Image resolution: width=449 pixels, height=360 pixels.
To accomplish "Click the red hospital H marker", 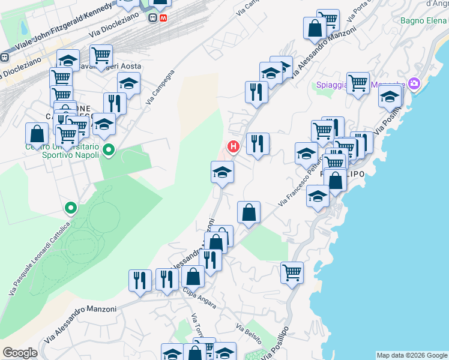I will point(233,146).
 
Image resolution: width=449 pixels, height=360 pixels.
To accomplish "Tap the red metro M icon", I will point(163,17).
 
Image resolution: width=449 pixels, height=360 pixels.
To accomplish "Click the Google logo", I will point(20,353).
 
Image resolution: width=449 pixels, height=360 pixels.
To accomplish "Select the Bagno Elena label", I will point(424,21).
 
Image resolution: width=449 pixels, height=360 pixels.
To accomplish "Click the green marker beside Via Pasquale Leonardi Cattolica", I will point(71,208).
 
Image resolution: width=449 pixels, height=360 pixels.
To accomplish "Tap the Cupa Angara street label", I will point(200,298).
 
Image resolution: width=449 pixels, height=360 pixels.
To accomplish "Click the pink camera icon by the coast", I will point(413,83).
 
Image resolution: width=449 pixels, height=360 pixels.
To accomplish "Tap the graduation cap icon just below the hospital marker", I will point(222,172).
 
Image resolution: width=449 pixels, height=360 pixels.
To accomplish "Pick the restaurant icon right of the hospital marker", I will point(258,144).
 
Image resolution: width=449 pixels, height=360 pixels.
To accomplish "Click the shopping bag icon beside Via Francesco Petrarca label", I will point(249,212).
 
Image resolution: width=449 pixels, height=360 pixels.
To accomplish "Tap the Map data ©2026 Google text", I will point(412,355).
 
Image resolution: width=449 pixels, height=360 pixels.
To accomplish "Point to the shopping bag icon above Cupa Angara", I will point(193,277).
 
